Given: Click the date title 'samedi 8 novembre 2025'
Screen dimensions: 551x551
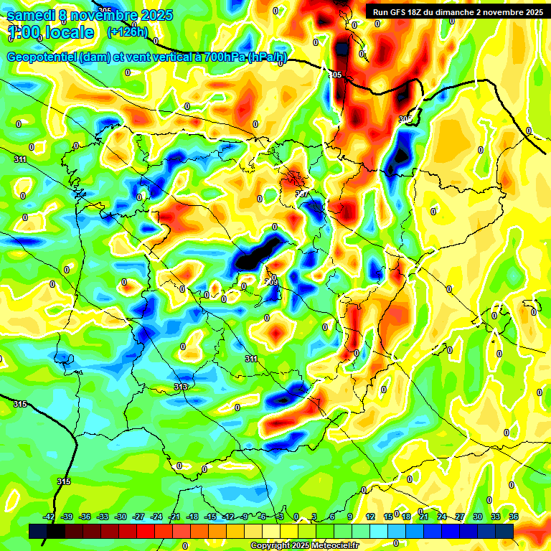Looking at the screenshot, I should (x=90, y=16).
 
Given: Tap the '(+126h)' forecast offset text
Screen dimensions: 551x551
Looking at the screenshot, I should (x=127, y=32).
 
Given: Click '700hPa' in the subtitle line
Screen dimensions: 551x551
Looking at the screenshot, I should (x=224, y=58).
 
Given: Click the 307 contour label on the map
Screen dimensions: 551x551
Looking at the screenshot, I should (x=301, y=194).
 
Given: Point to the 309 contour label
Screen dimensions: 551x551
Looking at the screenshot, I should (x=271, y=282).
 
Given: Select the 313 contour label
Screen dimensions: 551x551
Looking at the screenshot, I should (x=181, y=387).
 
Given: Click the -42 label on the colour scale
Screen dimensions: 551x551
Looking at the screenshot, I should (x=50, y=517).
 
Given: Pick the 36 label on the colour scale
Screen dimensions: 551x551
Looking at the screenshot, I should (x=514, y=517).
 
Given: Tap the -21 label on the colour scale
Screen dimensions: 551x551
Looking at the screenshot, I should (x=174, y=517).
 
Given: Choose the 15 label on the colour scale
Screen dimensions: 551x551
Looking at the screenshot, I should (x=388, y=517).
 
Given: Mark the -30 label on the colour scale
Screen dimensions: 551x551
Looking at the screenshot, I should (x=121, y=517).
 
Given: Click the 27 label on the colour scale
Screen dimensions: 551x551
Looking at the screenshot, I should (x=460, y=517).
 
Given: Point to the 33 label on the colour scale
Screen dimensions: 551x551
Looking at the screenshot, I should (x=496, y=517).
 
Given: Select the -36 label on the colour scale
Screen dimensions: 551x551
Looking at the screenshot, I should (x=85, y=517).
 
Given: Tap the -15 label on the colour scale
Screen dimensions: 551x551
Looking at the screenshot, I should (x=210, y=517).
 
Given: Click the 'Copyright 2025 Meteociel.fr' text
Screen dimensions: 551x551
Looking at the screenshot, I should (x=305, y=546).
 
